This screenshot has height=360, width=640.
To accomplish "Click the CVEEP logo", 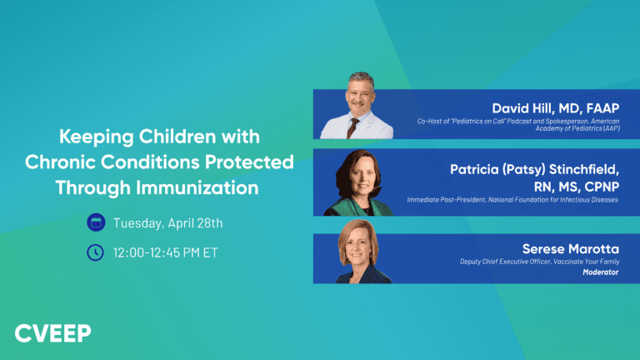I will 53,333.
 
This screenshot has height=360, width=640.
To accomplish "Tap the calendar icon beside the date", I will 96,222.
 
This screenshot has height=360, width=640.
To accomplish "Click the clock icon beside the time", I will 96,252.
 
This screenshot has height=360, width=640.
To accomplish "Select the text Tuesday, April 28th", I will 167,222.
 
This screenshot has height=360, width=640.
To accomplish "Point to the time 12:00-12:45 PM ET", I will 165,252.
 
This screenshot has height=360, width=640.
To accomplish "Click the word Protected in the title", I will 253,162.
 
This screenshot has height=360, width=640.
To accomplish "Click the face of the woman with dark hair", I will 355,177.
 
